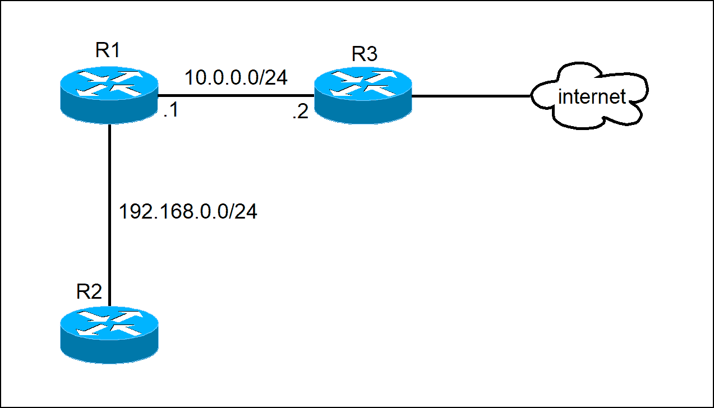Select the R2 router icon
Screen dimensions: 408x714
tap(109, 335)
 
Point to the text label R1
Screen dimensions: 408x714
tap(108, 50)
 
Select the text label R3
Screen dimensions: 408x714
tap(365, 54)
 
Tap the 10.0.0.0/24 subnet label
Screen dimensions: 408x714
tap(236, 78)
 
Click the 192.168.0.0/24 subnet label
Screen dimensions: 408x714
tap(188, 212)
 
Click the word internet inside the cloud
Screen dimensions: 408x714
tap(592, 97)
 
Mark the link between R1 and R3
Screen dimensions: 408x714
tap(236, 95)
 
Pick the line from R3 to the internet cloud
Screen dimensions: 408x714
tap(471, 95)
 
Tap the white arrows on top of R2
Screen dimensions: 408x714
tap(109, 324)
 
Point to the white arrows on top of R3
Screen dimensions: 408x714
tap(363, 83)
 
